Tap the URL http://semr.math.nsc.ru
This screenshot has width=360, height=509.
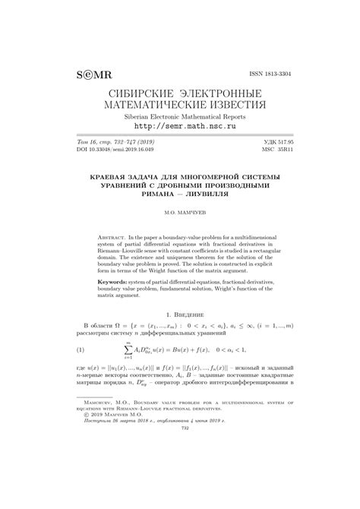coord(179,129)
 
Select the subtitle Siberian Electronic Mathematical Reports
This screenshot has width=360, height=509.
coord(179,118)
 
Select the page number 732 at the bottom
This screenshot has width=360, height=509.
coord(180,471)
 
